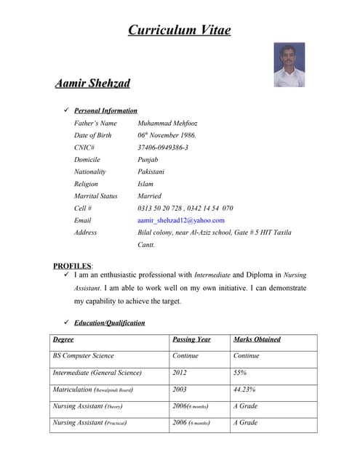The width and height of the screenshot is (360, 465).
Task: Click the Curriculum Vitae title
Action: click(180, 30)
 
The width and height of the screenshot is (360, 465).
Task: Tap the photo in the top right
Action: click(289, 65)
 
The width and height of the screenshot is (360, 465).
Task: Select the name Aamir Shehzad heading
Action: click(92, 84)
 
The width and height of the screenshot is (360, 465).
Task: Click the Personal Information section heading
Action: click(105, 110)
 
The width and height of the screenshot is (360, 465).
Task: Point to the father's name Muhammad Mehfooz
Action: click(167, 123)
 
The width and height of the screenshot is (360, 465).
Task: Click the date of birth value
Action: click(167, 135)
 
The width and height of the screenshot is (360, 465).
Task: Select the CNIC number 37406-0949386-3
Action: click(163, 147)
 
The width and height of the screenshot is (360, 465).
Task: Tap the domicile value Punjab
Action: click(148, 159)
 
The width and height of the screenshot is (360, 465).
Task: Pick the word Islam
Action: click(145, 184)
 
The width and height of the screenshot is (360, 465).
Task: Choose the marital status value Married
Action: click(149, 196)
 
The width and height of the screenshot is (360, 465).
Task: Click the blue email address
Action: click(181, 220)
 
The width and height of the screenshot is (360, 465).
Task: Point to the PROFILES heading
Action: click(72, 266)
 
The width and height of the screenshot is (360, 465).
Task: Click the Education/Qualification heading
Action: click(109, 323)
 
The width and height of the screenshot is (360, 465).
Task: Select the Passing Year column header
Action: click(191, 339)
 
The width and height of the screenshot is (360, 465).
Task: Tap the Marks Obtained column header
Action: click(257, 339)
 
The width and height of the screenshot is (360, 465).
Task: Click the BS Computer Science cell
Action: click(83, 356)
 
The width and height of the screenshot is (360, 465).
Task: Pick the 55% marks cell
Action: click(240, 373)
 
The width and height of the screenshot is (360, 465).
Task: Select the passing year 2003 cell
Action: click(180, 389)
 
